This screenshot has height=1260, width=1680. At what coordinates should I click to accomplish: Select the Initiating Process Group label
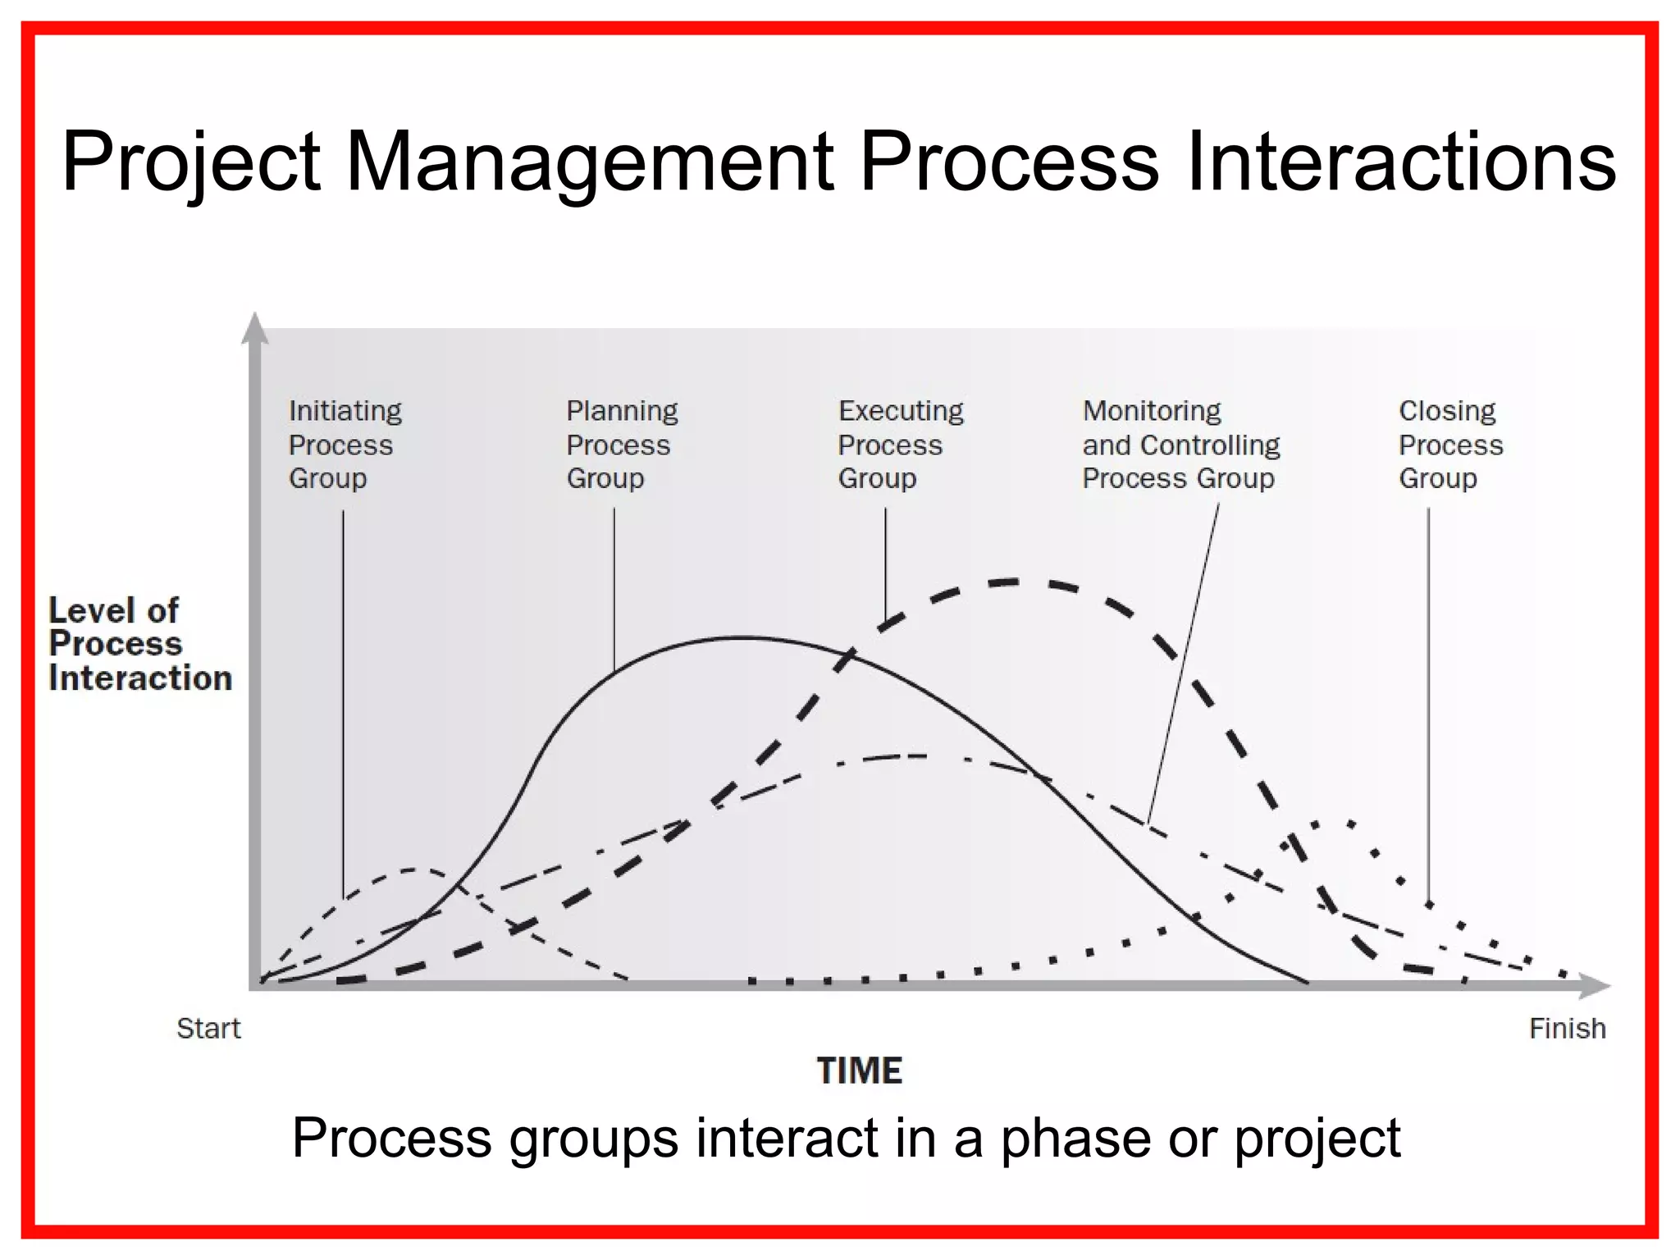[x=345, y=444]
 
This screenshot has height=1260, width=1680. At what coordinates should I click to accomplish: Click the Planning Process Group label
[x=622, y=444]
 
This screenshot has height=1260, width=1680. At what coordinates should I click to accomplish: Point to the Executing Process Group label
[x=900, y=444]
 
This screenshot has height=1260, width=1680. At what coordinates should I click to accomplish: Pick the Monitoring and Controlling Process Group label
[x=1180, y=444]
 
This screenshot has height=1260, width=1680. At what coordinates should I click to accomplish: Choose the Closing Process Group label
[x=1450, y=444]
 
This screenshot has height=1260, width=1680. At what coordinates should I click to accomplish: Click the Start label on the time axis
[x=208, y=1028]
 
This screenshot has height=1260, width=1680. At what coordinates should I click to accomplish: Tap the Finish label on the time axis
[x=1567, y=1028]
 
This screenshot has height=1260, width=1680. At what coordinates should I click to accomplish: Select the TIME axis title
[x=859, y=1071]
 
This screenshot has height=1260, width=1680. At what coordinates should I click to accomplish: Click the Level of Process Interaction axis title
[x=139, y=644]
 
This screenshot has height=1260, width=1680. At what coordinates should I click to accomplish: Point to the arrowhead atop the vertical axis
[x=255, y=327]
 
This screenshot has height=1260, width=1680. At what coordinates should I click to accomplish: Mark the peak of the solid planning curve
[x=742, y=637]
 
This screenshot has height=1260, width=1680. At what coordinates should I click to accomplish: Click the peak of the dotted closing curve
[x=1333, y=820]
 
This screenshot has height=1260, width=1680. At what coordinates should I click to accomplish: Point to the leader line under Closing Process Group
[x=1428, y=705]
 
